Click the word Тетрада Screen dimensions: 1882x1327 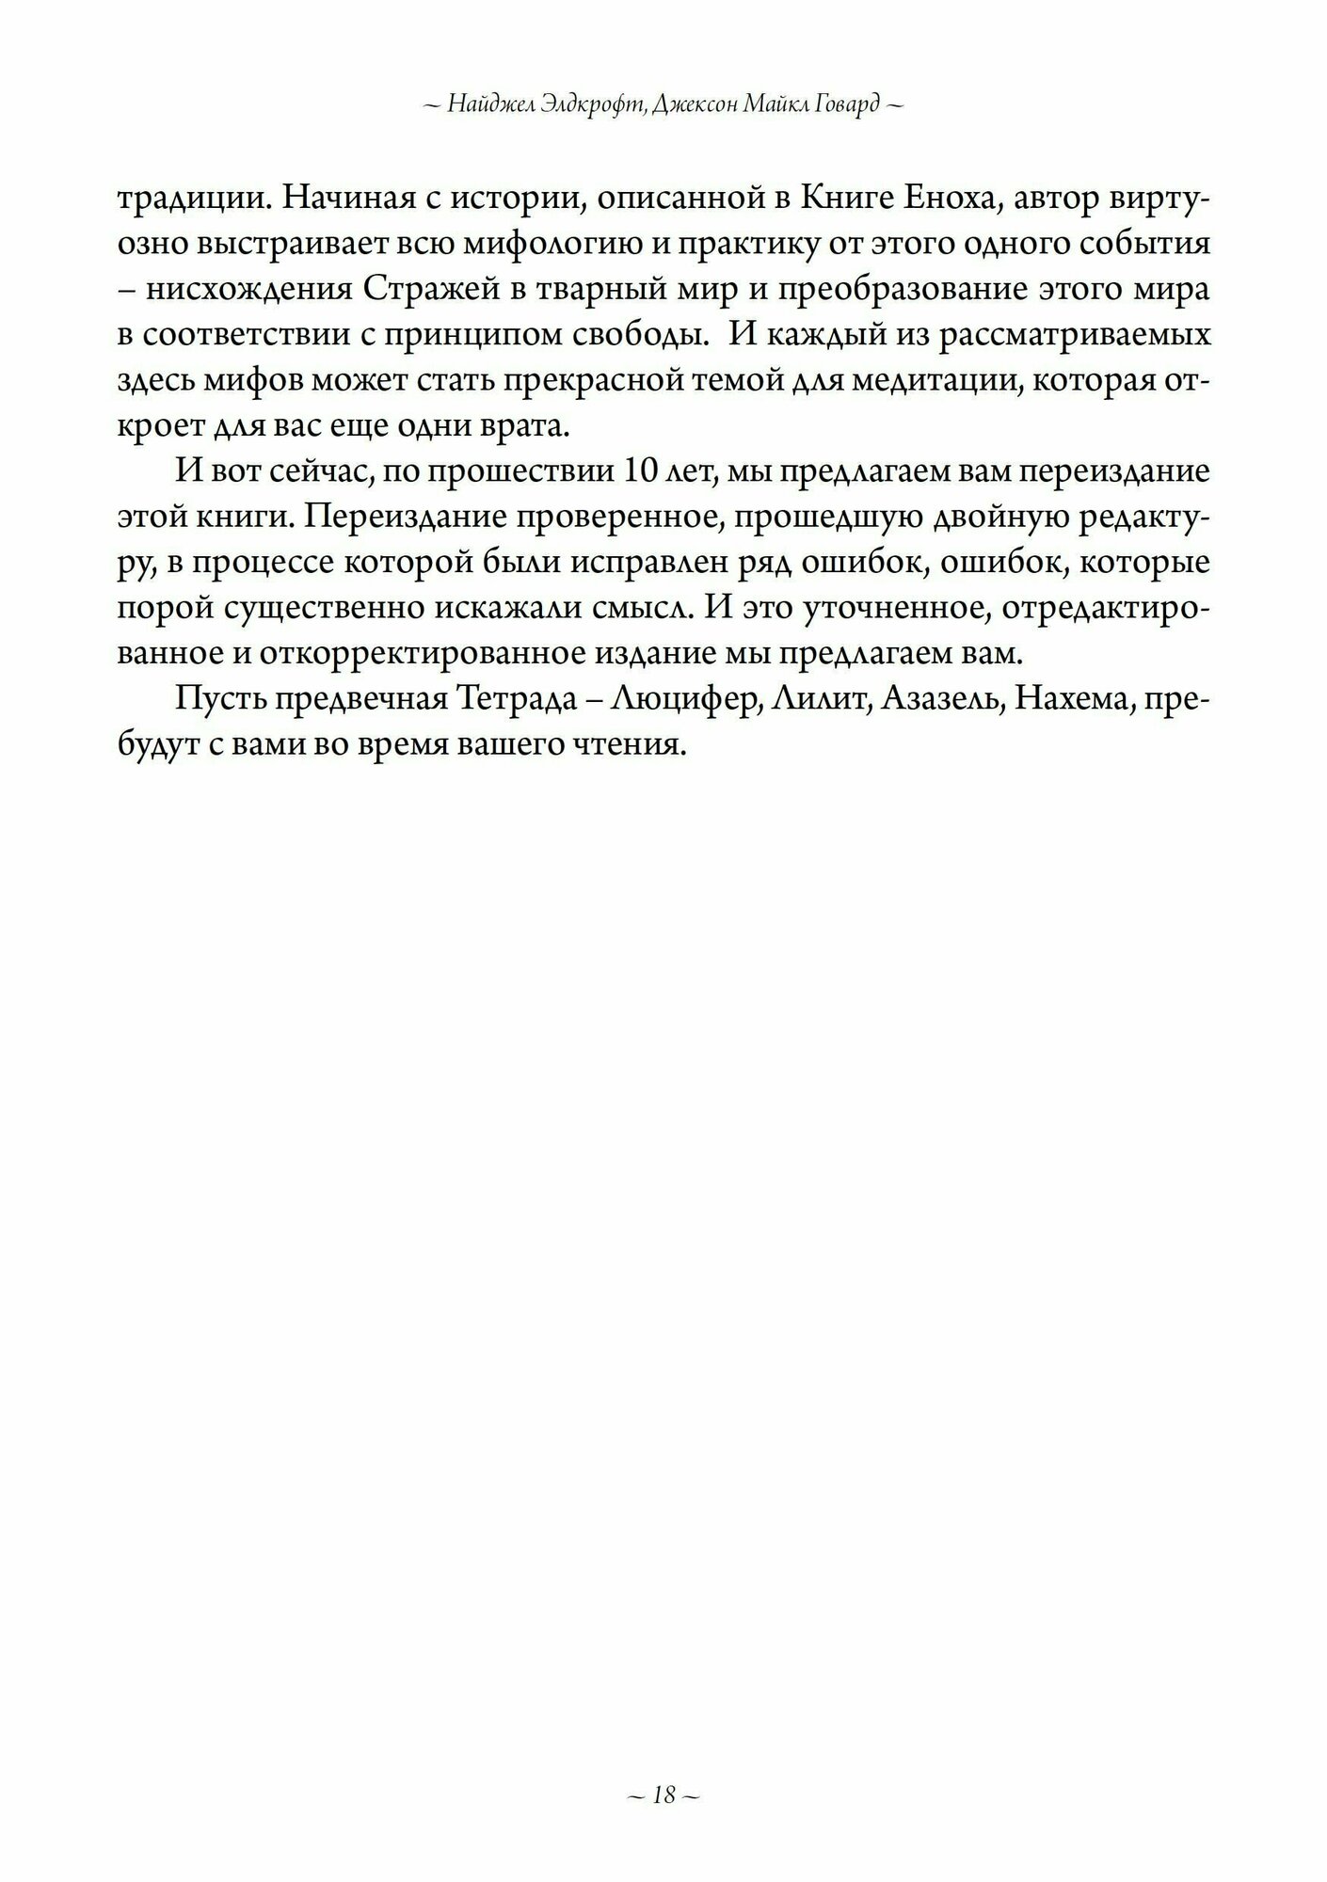tap(523, 701)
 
